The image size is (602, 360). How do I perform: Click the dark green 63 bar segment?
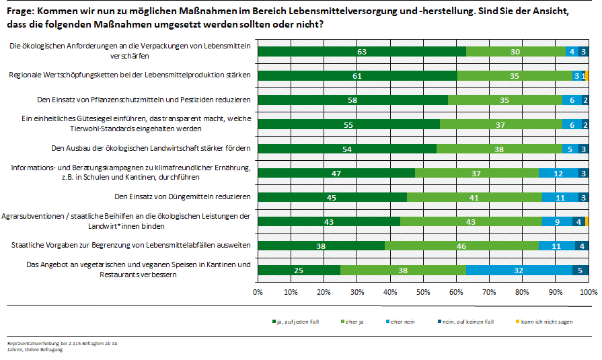point(362,52)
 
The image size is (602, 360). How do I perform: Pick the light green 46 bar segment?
point(461,246)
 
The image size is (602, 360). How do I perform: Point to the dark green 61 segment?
point(357,76)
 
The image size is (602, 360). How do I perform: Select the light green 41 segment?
point(474,197)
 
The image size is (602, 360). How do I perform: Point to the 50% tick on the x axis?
point(423,293)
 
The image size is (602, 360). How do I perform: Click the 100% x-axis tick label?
point(589,293)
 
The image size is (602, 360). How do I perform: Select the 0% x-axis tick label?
point(258,293)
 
